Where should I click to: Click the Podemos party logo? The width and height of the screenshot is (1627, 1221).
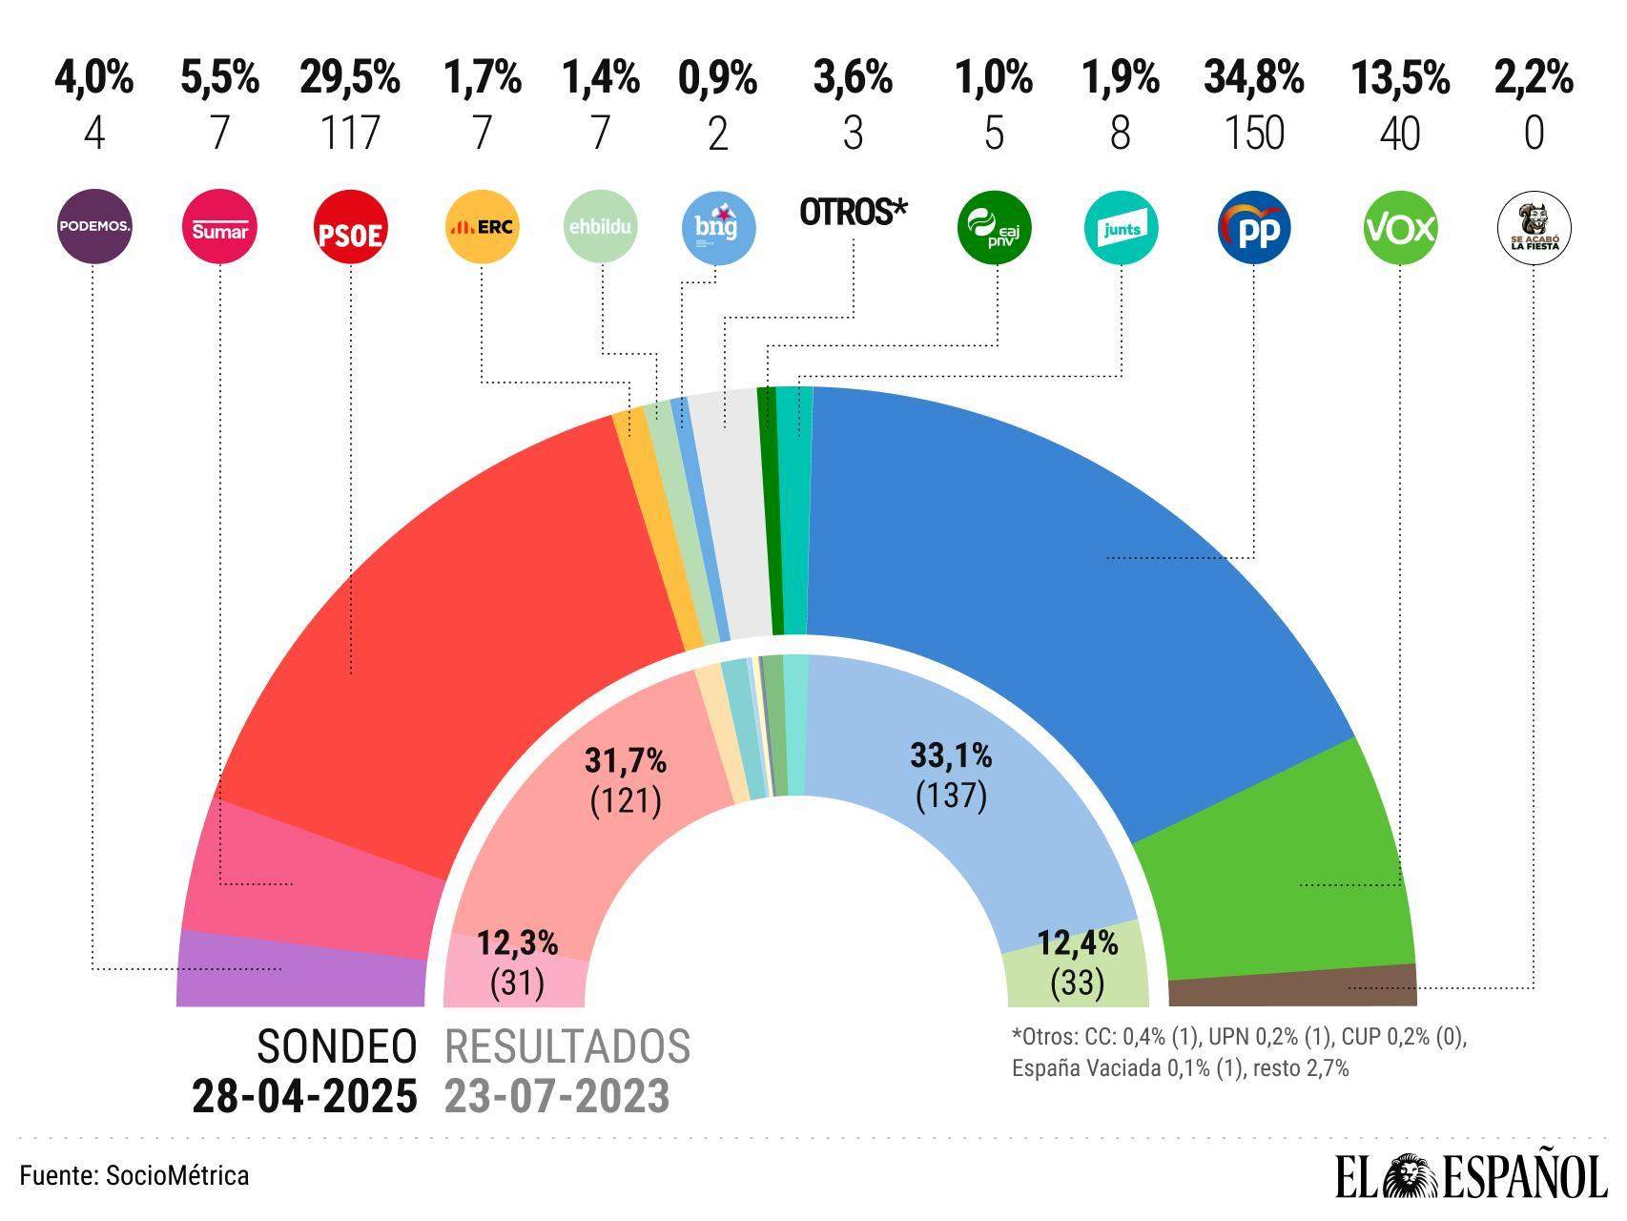(93, 227)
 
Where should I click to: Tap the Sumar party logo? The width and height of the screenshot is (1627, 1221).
(219, 227)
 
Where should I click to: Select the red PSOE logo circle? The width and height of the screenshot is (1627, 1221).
(350, 227)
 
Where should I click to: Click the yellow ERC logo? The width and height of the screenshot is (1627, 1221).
(482, 227)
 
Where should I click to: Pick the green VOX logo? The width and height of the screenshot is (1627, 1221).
(1399, 227)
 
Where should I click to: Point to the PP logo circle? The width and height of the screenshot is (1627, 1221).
(1254, 227)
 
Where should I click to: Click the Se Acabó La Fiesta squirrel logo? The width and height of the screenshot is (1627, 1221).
(1534, 227)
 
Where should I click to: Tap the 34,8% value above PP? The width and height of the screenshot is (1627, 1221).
(1253, 77)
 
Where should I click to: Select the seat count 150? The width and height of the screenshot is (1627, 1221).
(1253, 133)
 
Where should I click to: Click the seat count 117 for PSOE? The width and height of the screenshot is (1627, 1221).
(349, 133)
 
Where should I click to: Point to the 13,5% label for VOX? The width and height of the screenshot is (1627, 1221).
(1399, 77)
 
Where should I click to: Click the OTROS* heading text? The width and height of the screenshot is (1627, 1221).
(852, 212)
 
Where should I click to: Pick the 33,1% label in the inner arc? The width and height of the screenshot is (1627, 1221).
(951, 756)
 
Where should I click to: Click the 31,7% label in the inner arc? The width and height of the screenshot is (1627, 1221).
(625, 760)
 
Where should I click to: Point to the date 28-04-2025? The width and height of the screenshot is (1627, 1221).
(304, 1096)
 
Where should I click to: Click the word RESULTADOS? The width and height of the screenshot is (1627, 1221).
(567, 1046)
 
